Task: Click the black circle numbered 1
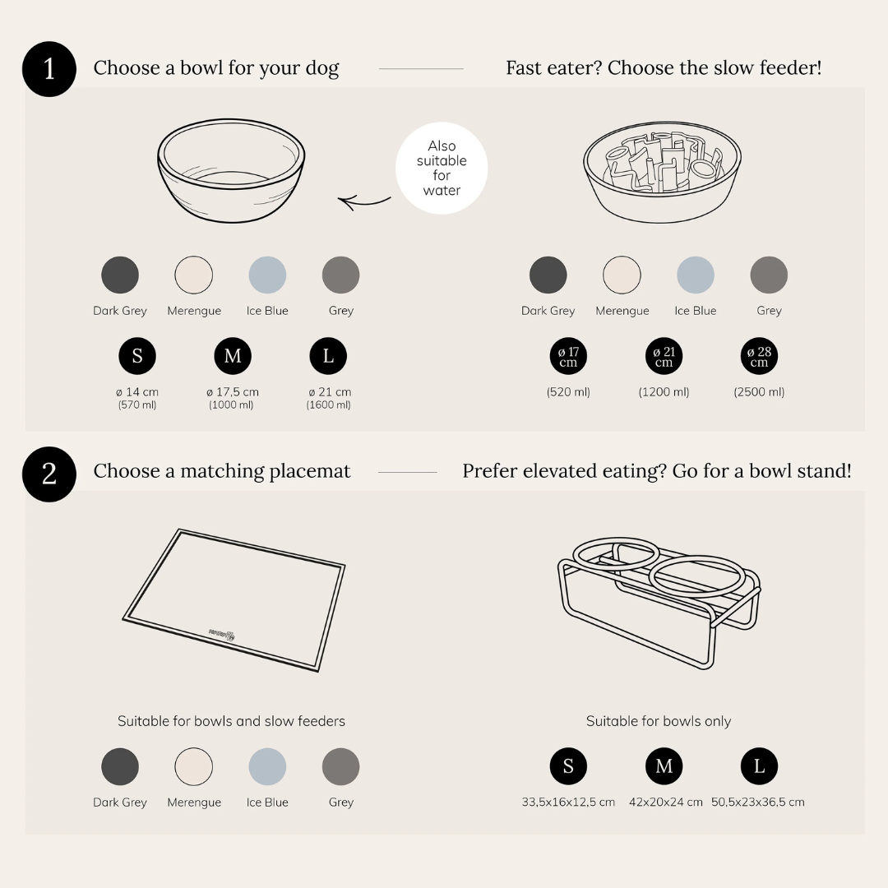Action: (49, 69)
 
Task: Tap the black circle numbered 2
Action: (49, 474)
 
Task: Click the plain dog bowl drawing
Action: (231, 170)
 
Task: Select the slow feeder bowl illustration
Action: (662, 172)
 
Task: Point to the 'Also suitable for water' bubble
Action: (442, 169)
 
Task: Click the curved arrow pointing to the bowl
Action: (363, 201)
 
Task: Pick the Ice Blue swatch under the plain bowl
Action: (267, 275)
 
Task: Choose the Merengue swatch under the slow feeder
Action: (622, 275)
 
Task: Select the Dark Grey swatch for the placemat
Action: (120, 767)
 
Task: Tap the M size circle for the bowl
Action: (233, 356)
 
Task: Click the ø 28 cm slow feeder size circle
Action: (759, 357)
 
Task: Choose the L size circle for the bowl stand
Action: (759, 766)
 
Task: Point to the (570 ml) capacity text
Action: (137, 405)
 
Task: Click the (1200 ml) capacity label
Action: (664, 392)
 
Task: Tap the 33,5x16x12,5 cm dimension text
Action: (568, 802)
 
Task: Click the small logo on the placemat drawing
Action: (222, 634)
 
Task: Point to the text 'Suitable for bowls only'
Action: (659, 721)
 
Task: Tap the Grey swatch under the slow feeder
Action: (769, 275)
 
